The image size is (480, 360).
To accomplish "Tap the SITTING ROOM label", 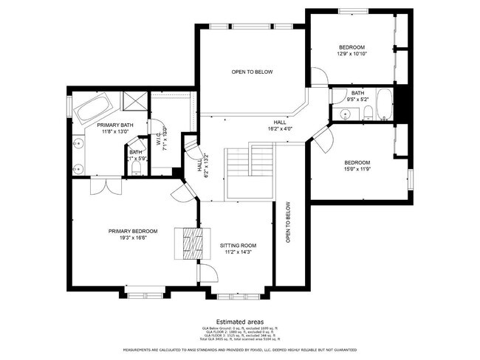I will click(238, 245).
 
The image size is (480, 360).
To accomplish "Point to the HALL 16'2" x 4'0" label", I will click(280, 125).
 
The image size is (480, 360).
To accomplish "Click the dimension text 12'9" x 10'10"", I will click(352, 54).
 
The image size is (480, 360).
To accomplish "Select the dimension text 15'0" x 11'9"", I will click(357, 170).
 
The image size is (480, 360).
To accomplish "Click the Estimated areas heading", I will click(240, 320).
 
